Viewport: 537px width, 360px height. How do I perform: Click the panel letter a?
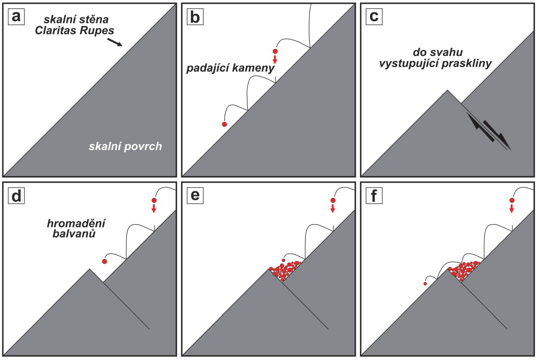tap(16, 17)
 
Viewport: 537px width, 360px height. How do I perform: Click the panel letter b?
tap(195, 17)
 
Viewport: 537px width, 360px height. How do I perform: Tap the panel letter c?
tap(374, 17)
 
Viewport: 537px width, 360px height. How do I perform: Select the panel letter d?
tap(16, 196)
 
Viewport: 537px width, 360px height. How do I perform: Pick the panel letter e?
tap(195, 196)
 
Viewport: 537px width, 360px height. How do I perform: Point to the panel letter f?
tap(374, 196)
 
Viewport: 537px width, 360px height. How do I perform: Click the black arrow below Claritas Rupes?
tap(114, 42)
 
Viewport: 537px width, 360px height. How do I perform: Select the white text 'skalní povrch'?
tap(126, 146)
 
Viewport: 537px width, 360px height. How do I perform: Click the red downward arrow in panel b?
tap(275, 59)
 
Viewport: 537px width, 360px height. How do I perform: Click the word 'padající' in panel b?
tap(208, 68)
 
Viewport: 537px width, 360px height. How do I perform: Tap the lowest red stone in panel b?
tap(225, 124)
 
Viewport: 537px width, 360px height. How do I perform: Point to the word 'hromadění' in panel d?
tap(76, 224)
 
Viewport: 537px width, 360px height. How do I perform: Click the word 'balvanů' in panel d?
tap(74, 234)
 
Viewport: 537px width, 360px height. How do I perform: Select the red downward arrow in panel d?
tap(154, 209)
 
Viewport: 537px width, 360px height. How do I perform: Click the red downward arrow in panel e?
tap(333, 209)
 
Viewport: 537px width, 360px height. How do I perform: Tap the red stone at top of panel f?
tap(512, 200)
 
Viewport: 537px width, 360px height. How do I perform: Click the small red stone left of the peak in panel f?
tap(425, 284)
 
